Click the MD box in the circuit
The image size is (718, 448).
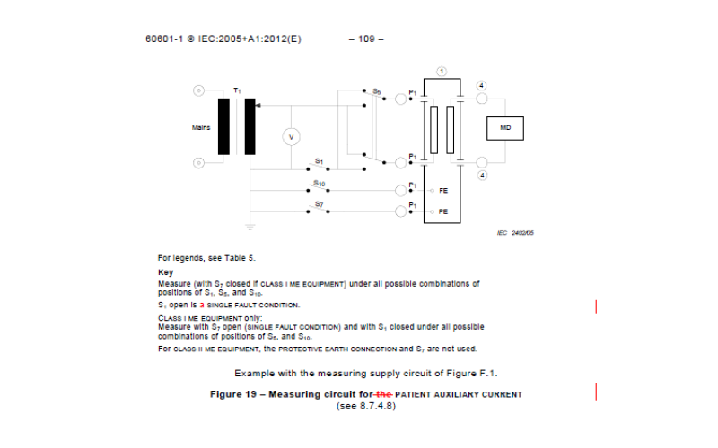click(505, 129)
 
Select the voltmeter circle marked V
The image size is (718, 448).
click(290, 135)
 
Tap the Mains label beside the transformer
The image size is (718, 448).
click(201, 127)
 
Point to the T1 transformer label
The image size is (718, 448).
click(237, 90)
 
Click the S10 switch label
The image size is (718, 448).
click(319, 183)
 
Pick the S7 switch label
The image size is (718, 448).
click(319, 204)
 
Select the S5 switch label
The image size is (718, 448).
click(377, 90)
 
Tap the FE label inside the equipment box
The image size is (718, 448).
click(443, 191)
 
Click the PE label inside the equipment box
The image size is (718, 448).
click(443, 211)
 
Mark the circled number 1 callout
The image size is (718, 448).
click(442, 71)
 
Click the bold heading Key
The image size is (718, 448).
click(165, 271)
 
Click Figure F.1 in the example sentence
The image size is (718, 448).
click(473, 372)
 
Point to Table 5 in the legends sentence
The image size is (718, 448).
click(216, 257)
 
